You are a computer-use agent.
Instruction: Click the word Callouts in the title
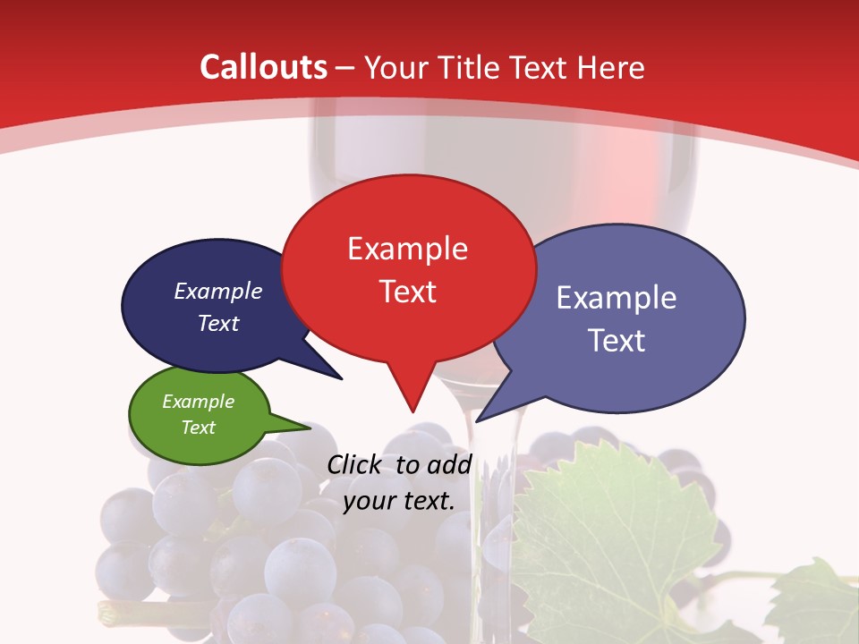click(x=264, y=67)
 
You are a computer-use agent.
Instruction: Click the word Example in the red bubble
click(x=408, y=249)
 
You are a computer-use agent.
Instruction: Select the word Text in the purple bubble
click(x=617, y=341)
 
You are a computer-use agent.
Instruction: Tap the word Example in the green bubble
click(x=199, y=402)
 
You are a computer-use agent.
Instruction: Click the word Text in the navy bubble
click(x=218, y=324)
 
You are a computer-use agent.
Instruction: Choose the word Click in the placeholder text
click(x=355, y=464)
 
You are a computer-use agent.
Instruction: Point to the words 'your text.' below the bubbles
click(x=399, y=502)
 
